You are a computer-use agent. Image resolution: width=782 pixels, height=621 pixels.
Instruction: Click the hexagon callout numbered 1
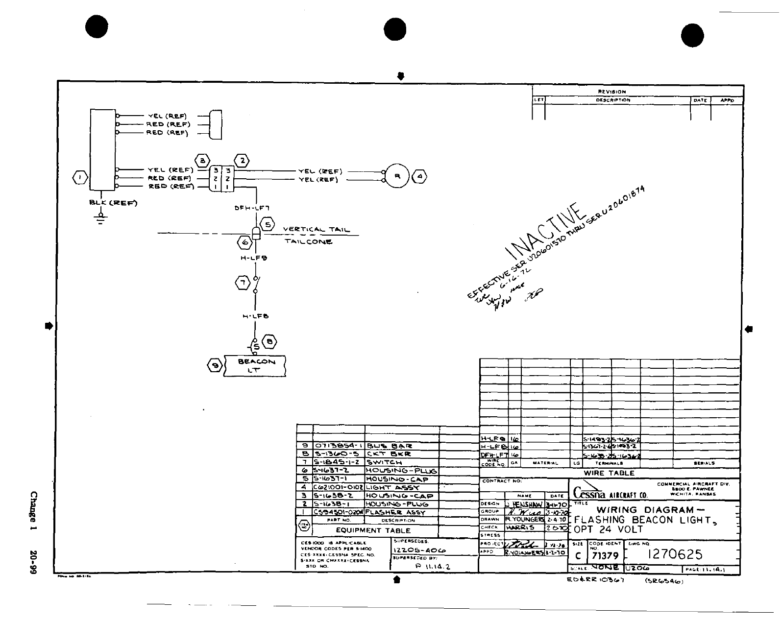click(80, 177)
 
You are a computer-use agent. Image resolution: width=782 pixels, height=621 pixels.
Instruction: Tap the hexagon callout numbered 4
click(420, 176)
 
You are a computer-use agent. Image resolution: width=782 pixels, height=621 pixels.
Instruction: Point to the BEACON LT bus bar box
click(254, 365)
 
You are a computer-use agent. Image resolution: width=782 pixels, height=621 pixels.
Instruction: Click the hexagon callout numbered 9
click(214, 365)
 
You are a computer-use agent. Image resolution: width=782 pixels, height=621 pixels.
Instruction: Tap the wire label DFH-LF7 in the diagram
click(252, 208)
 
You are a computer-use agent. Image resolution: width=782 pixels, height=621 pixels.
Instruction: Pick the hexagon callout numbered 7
click(242, 282)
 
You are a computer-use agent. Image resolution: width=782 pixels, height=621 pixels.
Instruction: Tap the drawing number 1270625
click(675, 554)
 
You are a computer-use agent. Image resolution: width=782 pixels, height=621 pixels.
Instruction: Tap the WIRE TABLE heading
click(609, 473)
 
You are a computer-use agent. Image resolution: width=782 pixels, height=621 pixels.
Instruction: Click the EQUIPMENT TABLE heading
click(373, 530)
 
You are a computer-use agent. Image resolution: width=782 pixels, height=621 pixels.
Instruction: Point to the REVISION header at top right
click(612, 92)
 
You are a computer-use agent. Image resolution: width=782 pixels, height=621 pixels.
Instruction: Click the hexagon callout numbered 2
click(242, 160)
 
